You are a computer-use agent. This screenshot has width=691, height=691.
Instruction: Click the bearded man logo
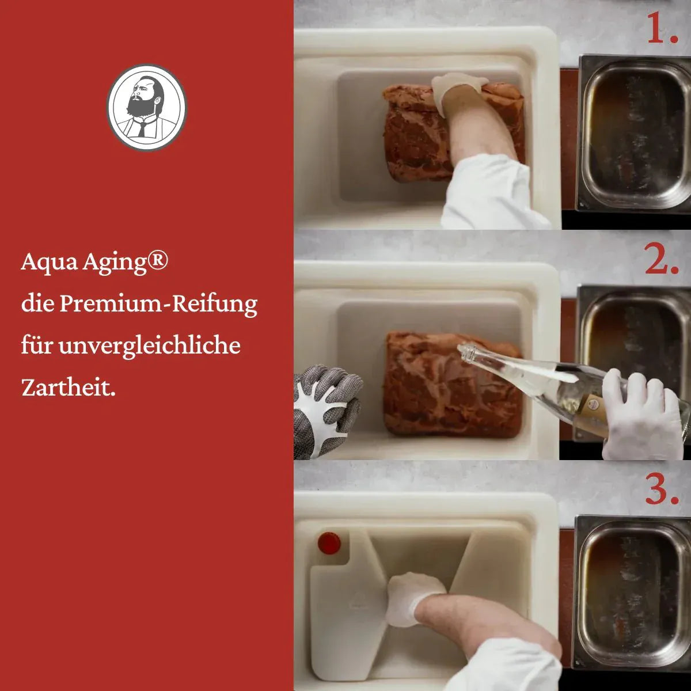[x=147, y=106]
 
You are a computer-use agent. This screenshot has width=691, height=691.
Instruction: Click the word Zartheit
[x=68, y=388]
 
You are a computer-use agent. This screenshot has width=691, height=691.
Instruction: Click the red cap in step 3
[x=328, y=542]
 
